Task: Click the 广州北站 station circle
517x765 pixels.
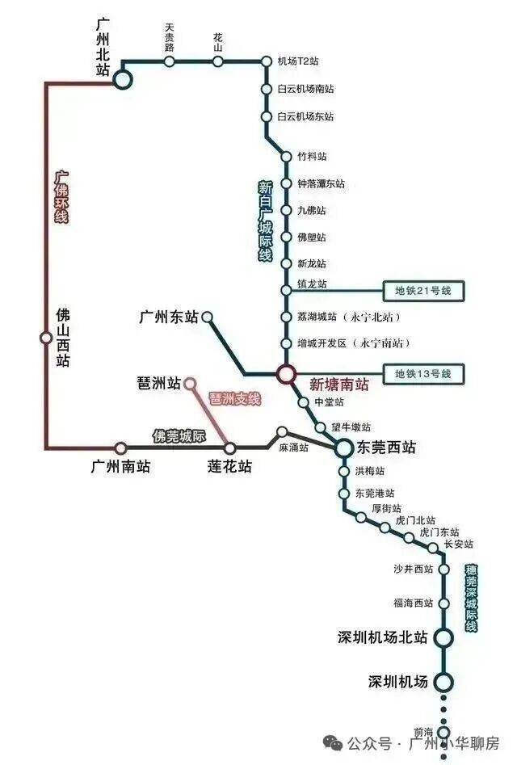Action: [x=123, y=79]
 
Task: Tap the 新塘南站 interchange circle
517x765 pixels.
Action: [x=286, y=374]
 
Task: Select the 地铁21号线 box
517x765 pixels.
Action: [x=422, y=291]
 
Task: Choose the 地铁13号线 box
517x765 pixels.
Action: [x=422, y=374]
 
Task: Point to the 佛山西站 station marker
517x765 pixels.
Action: [x=46, y=337]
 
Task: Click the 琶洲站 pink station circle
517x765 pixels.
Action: [x=190, y=384]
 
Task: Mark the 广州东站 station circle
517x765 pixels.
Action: [x=208, y=317]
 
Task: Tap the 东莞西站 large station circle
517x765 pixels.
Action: [x=343, y=448]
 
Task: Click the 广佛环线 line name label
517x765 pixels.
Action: [x=61, y=197]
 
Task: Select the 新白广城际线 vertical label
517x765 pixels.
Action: [x=266, y=221]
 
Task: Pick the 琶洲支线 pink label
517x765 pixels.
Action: [x=234, y=398]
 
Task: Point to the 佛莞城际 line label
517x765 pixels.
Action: [x=179, y=435]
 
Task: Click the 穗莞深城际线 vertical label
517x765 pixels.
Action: [x=471, y=598]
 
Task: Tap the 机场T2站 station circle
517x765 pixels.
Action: [x=267, y=61]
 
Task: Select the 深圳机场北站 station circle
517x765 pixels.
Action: [x=444, y=637]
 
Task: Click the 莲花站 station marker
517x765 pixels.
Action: [x=229, y=448]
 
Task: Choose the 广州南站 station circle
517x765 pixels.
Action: [x=121, y=448]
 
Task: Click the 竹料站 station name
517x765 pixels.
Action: [x=312, y=157]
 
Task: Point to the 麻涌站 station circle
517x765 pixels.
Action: [x=282, y=431]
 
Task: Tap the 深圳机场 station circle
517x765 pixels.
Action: [x=444, y=682]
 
